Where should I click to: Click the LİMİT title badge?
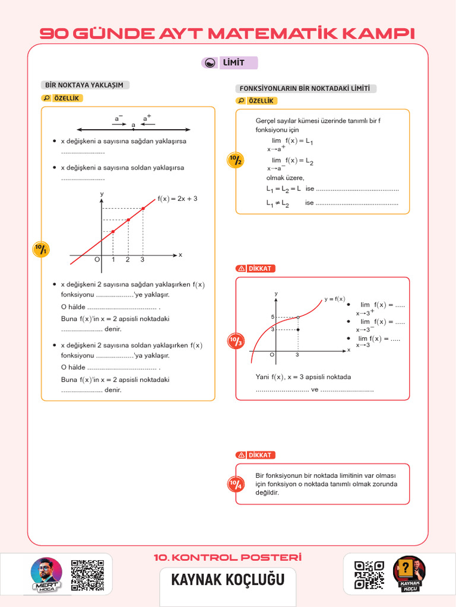230,63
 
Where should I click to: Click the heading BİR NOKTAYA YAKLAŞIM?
84,85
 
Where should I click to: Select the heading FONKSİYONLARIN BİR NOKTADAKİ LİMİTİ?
306,88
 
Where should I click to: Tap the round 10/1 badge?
40,250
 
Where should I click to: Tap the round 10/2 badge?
236,160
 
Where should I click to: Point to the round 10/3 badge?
236,341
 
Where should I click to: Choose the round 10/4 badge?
236,484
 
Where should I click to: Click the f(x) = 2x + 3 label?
177,199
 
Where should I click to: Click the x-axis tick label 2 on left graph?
128,260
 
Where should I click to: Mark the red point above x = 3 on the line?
143,208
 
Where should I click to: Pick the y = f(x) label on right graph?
334,299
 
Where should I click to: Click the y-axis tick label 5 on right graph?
273,317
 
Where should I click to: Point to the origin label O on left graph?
97,260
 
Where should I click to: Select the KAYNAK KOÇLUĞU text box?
228,579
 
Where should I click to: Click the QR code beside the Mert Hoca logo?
88,575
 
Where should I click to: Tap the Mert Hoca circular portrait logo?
46,574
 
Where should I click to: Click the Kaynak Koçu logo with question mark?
409,573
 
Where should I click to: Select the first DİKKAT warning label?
255,269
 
